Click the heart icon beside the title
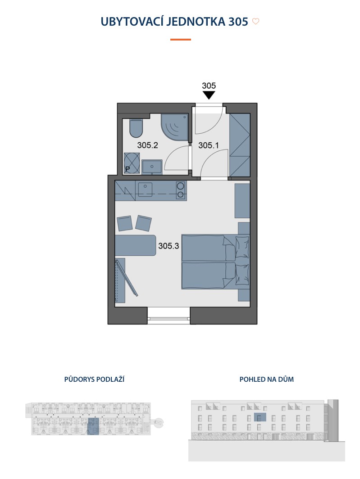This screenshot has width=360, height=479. tap(255, 22)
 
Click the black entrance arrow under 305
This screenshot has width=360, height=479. tap(209, 95)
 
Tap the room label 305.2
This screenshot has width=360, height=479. tap(147, 145)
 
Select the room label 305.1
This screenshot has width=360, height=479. tap(209, 145)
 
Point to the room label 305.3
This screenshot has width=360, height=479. tap(169, 246)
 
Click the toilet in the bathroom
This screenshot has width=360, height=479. tap(136, 128)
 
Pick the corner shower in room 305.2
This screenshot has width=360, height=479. tap(174, 127)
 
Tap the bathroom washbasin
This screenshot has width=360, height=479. tap(152, 167)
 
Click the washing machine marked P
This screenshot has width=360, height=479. tap(132, 163)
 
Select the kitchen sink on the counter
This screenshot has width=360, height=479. tap(145, 190)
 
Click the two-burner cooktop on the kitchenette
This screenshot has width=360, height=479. tap(181, 190)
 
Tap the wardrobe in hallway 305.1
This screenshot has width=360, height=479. tap(240, 145)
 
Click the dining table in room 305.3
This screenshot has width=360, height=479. tap(136, 245)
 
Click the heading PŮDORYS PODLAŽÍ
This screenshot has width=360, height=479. tap(94, 380)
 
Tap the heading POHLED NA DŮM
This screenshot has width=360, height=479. tap(266, 380)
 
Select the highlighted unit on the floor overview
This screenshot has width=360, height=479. tap(93, 426)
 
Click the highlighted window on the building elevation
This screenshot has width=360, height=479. tap(260, 417)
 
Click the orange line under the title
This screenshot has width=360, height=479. tap(181, 40)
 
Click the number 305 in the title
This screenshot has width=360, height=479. tap(238, 22)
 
